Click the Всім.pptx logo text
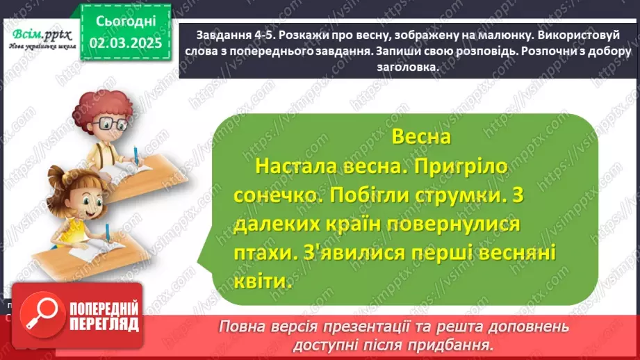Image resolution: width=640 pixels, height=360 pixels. click(x=37, y=34)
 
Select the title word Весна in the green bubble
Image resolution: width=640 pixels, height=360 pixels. click(x=417, y=137)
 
